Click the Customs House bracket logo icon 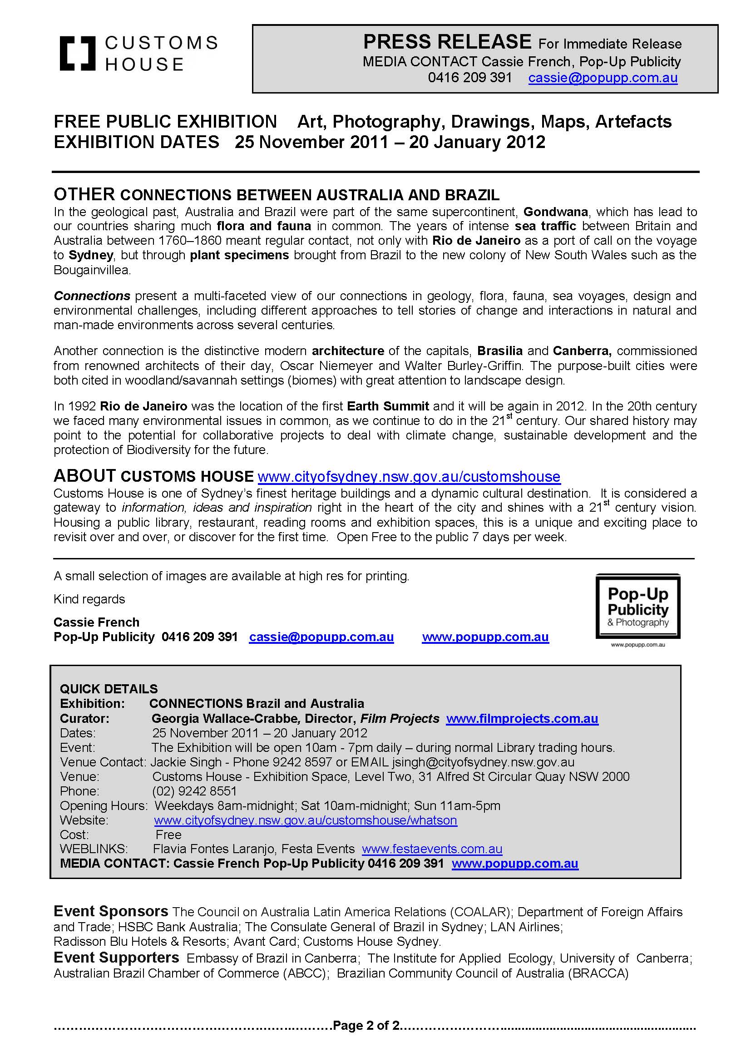click(x=77, y=53)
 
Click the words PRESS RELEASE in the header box click(x=447, y=42)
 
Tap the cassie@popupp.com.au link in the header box click(x=603, y=78)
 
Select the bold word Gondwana click(x=555, y=212)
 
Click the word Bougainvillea click(x=92, y=270)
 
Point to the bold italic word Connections click(x=92, y=296)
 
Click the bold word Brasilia click(x=500, y=351)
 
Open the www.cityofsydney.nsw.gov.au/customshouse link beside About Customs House click(x=409, y=476)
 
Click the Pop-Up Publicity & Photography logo click(x=637, y=608)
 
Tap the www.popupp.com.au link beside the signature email click(x=485, y=637)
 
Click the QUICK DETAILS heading click(x=109, y=689)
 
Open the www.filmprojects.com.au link click(x=522, y=718)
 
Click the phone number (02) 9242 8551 click(x=194, y=791)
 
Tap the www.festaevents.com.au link click(x=432, y=849)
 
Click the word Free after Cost click(x=168, y=835)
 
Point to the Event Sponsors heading click(x=111, y=911)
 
